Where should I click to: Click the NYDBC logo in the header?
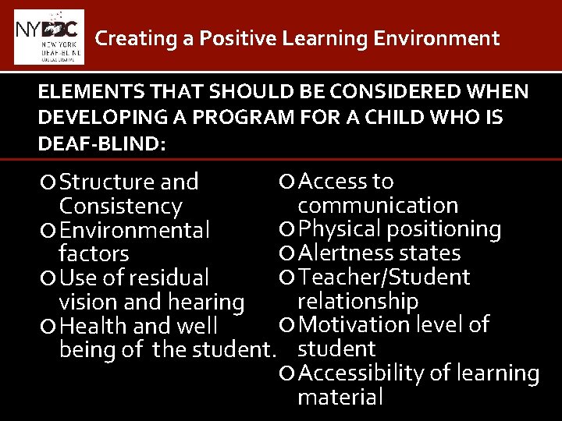[48, 37]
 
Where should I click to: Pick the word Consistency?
[120, 207]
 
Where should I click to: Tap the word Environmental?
[134, 231]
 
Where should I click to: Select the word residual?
[169, 278]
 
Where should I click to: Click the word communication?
[378, 206]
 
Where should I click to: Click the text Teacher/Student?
[384, 278]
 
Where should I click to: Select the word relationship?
[358, 301]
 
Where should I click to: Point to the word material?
[340, 398]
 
